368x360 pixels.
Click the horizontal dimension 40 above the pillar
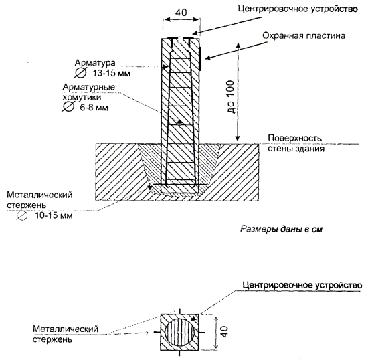coord(181,12)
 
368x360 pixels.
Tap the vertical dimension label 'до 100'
coord(231,97)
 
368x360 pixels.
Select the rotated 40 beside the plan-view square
coord(225,331)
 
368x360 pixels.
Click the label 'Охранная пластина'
coord(304,36)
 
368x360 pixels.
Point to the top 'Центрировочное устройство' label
coord(298,9)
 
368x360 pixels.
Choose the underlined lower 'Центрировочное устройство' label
coord(302,286)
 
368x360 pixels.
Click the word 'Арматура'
coord(95,63)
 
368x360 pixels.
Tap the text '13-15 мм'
coord(112,73)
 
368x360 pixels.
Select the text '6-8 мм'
coord(94,108)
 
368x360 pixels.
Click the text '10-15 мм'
coord(54,215)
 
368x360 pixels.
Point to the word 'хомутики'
coord(82,98)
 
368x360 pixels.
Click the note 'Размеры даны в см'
coord(281,229)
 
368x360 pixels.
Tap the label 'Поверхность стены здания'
coord(296,143)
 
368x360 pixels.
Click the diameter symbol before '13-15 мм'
coord(80,73)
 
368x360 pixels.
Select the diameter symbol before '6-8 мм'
coord(68,107)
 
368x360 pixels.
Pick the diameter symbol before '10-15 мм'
coord(22,215)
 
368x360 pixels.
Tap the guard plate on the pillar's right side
coord(200,58)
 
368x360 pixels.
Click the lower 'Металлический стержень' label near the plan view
coord(66,334)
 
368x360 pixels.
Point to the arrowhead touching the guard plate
coord(207,58)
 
